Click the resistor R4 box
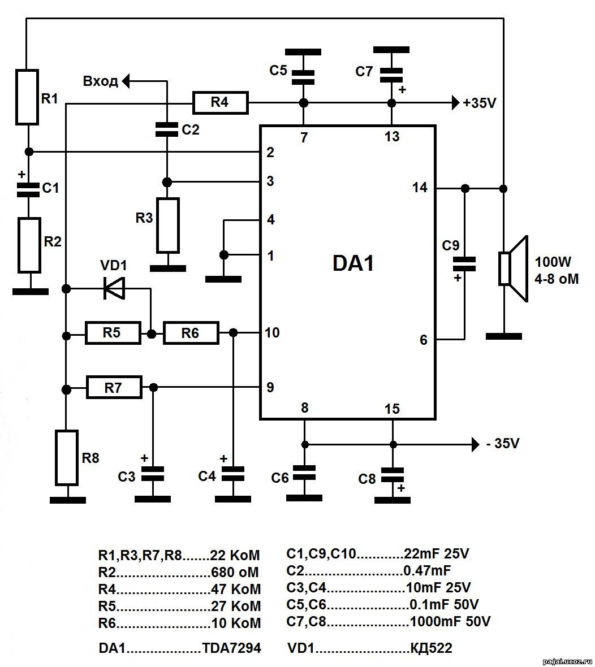(x=220, y=102)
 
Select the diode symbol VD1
(x=114, y=289)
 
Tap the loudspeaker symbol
(x=514, y=268)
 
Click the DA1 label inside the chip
(x=353, y=263)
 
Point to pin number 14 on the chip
(x=420, y=188)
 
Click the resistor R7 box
(x=114, y=387)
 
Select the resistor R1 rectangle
(x=27, y=97)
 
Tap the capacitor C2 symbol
(x=166, y=129)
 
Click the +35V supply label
(x=480, y=103)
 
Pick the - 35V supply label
(x=503, y=444)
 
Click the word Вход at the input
(x=101, y=81)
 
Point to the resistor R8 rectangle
(x=67, y=458)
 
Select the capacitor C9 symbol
(x=464, y=264)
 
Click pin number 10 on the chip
(x=272, y=332)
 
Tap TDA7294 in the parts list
(x=231, y=648)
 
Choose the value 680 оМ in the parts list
(x=235, y=572)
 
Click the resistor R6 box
(x=191, y=333)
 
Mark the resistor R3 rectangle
(x=167, y=226)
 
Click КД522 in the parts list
(x=431, y=648)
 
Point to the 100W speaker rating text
(x=553, y=262)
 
